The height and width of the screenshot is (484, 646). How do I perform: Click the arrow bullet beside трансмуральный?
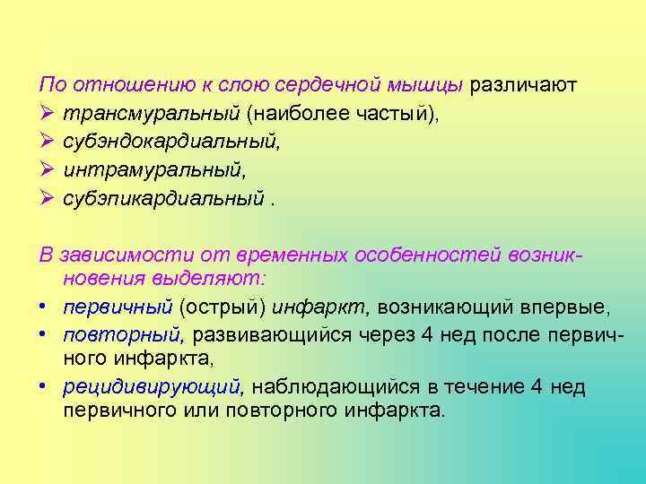click(x=48, y=114)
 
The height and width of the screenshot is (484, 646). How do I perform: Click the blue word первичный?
click(x=118, y=307)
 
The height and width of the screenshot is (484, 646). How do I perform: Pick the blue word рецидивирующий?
click(x=153, y=387)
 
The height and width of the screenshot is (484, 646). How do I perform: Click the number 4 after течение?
click(x=536, y=387)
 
